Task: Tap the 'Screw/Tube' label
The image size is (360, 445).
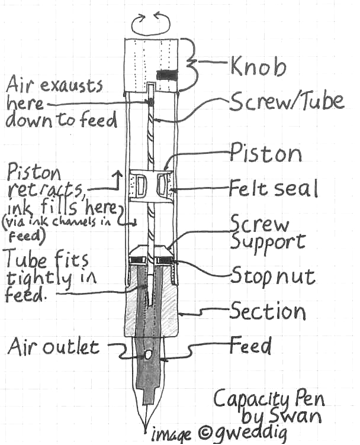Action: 287,102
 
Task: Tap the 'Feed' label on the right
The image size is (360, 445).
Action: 252,344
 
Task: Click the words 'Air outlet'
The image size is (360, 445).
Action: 53,346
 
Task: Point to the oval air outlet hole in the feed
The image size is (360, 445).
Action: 147,355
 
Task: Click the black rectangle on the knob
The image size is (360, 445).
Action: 168,75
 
